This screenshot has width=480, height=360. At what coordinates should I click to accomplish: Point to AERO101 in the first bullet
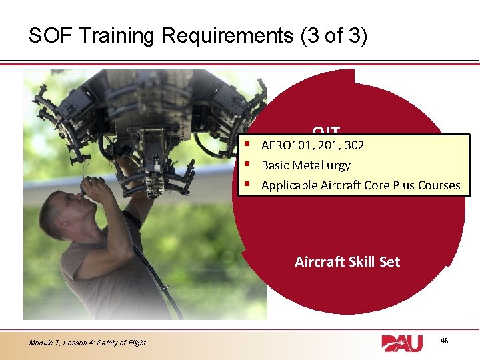pyautogui.click(x=285, y=145)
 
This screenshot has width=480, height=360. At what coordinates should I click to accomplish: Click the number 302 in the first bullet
pyautogui.click(x=353, y=145)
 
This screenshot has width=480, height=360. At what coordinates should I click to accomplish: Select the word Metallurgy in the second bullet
pyautogui.click(x=323, y=165)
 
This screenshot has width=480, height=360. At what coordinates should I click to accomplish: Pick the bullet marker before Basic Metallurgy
pyautogui.click(x=247, y=165)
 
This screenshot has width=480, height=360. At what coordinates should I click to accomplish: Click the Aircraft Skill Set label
pyautogui.click(x=347, y=262)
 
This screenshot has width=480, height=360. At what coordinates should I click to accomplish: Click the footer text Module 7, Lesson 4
pyautogui.click(x=59, y=343)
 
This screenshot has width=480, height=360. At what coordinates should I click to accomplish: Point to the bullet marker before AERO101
pyautogui.click(x=247, y=145)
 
